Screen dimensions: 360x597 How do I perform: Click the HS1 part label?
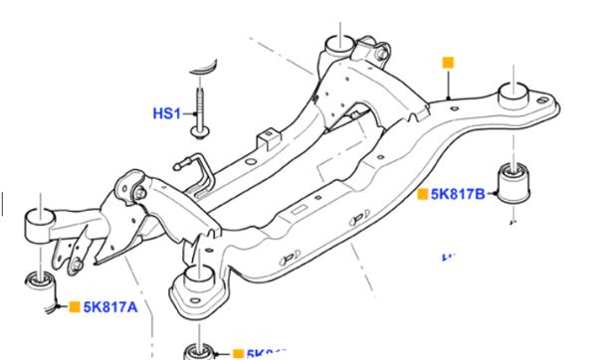[x=165, y=115]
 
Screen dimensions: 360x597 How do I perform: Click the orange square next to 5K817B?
[x=423, y=193]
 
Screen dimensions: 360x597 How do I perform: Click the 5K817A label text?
[x=111, y=308]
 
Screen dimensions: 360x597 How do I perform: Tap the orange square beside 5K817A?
[x=74, y=308]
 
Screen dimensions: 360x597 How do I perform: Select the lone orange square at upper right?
[x=448, y=63]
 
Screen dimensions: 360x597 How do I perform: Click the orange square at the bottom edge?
[x=237, y=353]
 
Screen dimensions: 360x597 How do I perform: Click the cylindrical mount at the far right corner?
[x=515, y=96]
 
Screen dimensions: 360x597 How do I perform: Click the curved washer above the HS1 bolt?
[x=205, y=63]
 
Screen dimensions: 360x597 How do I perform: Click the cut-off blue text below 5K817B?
[x=450, y=257]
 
